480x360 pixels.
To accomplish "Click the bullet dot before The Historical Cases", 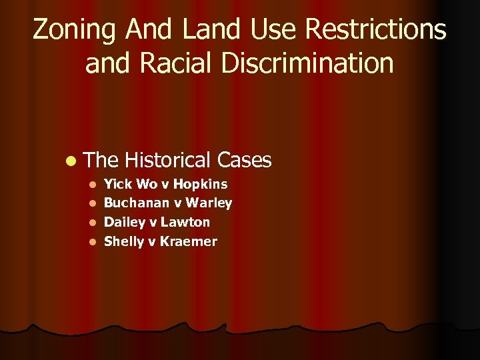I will click(71, 161).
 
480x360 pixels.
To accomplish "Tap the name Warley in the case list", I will click(209, 203).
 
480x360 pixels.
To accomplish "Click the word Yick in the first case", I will click(118, 183).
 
